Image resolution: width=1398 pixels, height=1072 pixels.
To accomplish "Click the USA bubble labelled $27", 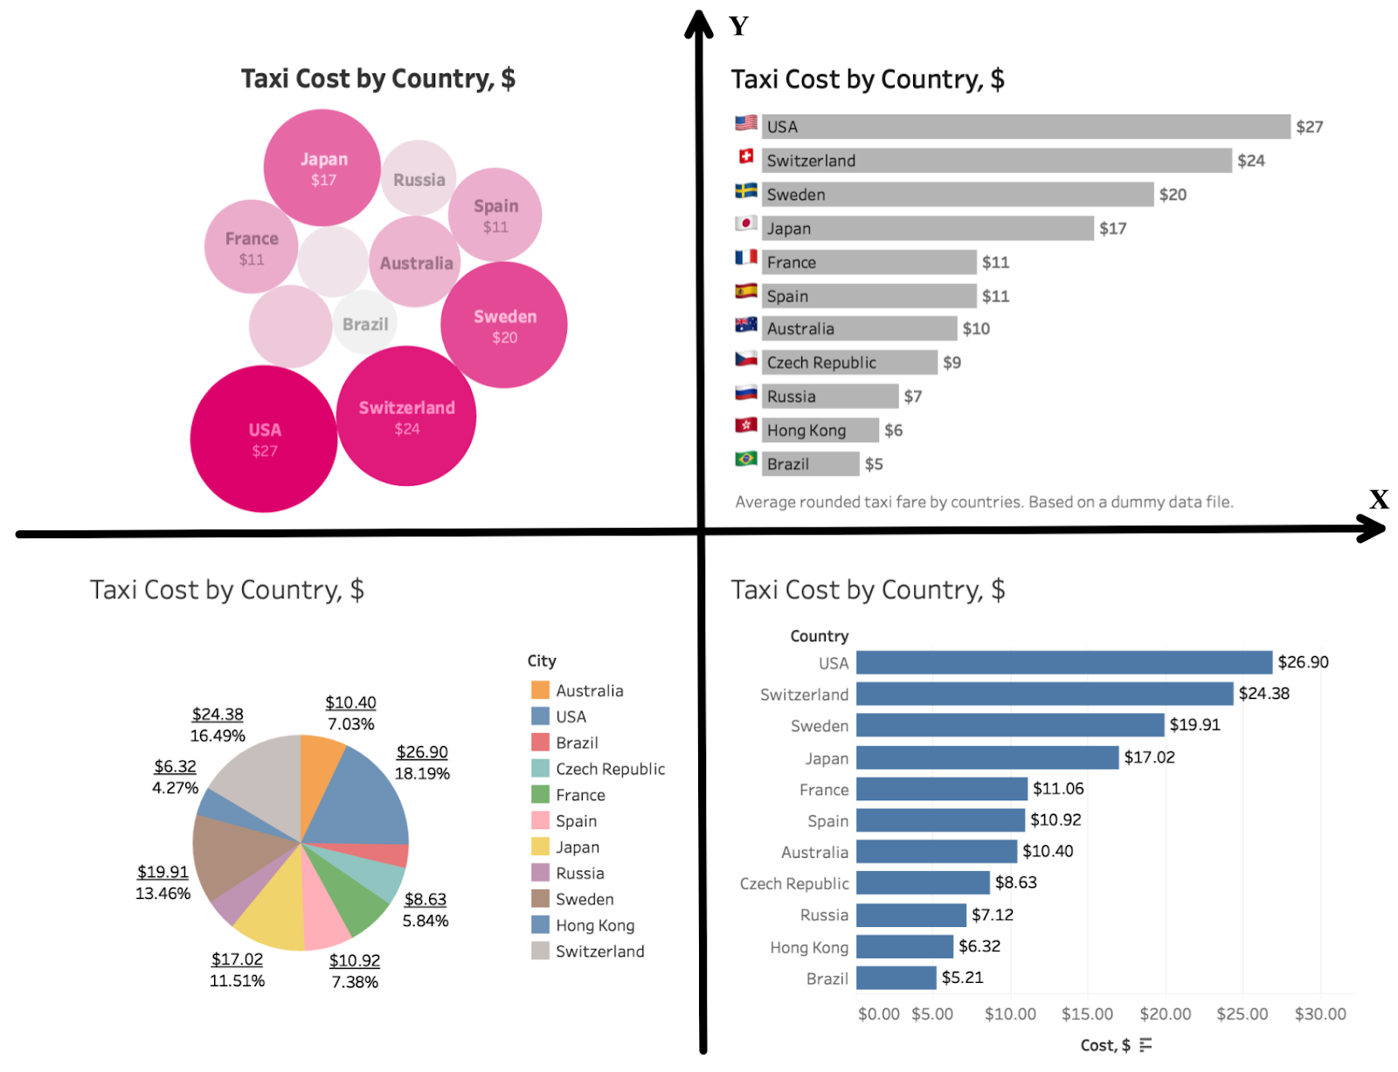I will [x=264, y=439].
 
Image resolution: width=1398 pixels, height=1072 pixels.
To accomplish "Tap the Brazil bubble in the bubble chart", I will [x=365, y=324].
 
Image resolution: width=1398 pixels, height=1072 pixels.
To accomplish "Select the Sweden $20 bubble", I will [x=504, y=325].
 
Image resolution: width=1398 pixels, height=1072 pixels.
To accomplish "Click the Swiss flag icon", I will [x=746, y=156].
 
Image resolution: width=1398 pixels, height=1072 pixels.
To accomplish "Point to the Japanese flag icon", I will [x=746, y=224].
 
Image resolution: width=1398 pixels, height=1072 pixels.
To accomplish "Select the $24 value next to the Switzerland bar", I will [x=1250, y=161].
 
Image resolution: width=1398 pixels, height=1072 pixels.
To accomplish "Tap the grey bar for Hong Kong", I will [x=820, y=430].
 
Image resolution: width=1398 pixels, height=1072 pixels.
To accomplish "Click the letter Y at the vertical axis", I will [x=738, y=26].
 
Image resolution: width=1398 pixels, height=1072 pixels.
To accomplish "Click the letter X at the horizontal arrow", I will [x=1379, y=499].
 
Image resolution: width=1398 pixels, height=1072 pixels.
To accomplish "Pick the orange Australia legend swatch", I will [x=540, y=690].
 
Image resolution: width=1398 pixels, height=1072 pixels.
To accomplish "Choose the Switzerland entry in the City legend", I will [x=599, y=951].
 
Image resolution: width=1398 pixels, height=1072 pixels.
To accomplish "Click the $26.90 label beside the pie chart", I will [x=422, y=752].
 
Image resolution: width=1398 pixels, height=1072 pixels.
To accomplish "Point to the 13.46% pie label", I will [x=163, y=894].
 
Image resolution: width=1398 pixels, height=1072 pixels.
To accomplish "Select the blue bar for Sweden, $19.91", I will [x=1010, y=725].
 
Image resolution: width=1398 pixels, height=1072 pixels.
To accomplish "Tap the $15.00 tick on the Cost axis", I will [x=1087, y=1013].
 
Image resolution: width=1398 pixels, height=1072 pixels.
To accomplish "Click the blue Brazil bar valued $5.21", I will [x=896, y=978].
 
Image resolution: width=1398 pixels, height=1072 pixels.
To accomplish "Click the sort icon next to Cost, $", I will [x=1145, y=1045].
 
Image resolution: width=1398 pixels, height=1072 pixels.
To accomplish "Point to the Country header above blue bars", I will [x=819, y=636].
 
